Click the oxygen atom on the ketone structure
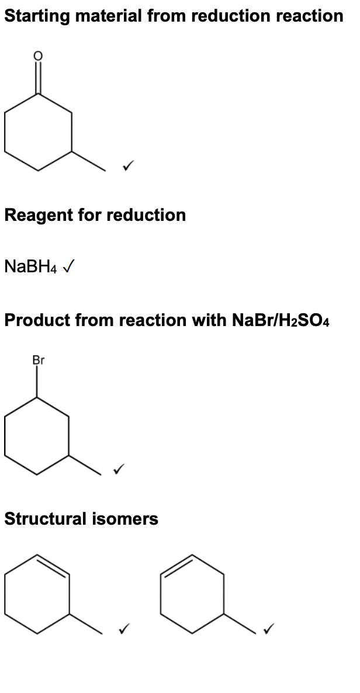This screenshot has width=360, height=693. click(38, 56)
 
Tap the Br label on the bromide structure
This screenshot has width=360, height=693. click(39, 360)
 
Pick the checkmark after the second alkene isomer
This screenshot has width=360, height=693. click(268, 628)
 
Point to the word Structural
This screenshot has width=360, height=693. click(45, 518)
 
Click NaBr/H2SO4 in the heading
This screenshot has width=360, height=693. click(281, 320)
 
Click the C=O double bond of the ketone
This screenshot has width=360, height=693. click(38, 77)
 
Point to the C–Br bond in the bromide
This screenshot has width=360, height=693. click(37, 382)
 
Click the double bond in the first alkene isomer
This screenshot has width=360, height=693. click(53, 564)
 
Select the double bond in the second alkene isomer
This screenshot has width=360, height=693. click(176, 564)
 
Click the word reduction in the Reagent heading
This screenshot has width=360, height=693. click(146, 215)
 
